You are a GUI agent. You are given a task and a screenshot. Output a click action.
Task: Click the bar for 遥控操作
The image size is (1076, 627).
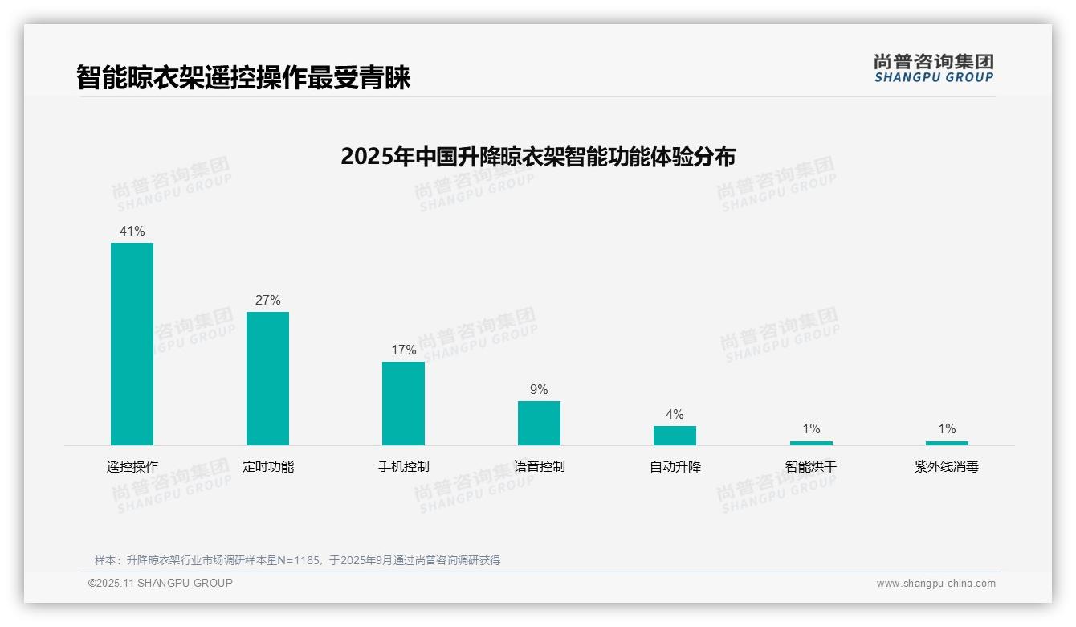coord(132,344)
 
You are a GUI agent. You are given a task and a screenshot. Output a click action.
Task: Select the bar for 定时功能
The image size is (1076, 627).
coord(267,379)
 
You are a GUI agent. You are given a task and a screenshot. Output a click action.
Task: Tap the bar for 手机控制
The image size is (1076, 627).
coord(403,404)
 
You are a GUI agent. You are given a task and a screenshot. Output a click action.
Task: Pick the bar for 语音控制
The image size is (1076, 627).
coord(539,423)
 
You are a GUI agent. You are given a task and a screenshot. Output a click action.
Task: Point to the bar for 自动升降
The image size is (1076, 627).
coord(675,436)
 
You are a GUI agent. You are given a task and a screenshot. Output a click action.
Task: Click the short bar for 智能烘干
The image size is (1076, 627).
coord(811,443)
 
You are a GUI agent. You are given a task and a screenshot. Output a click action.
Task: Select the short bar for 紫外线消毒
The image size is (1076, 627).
coord(947,443)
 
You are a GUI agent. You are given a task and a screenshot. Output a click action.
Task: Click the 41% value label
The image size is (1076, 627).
coord(132,232)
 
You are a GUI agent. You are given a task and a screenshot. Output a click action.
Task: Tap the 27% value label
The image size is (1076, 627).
coord(267,301)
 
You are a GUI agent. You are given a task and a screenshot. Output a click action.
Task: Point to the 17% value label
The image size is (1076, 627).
coord(403,350)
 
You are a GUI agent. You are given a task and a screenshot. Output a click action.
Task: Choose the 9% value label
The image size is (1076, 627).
coord(539,390)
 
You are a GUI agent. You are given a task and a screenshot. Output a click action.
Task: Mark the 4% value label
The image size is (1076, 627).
coord(675,415)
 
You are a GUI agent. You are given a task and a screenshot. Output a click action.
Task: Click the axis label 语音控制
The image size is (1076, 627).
coord(539,466)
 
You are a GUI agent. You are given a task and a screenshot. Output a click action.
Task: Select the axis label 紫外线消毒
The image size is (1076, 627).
coord(947,466)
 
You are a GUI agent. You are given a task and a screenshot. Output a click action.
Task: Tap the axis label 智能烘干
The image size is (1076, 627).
coord(811,466)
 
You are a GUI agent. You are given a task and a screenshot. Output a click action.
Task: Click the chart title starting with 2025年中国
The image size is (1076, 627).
coord(538,156)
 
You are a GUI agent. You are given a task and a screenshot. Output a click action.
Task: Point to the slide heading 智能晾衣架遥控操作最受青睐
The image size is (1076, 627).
coord(243,78)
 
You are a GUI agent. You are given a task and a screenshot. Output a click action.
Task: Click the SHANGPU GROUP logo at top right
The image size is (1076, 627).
coord(933,68)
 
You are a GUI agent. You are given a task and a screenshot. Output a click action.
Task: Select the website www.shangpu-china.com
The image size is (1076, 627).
coord(935,584)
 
